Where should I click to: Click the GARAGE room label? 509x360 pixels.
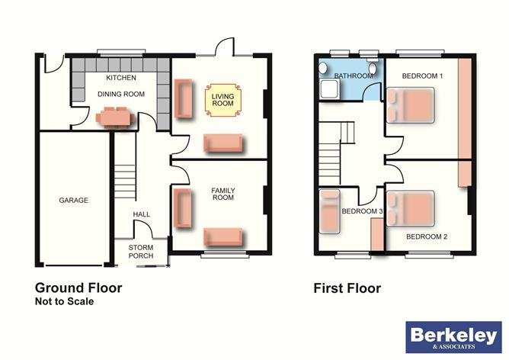(x=74, y=201)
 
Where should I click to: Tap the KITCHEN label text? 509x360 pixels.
(x=121, y=79)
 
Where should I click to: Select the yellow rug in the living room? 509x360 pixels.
(x=222, y=101)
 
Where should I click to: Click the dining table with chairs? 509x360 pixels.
(x=116, y=117)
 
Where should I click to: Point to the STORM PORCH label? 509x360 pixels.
(x=141, y=251)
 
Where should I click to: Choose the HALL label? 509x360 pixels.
(x=141, y=215)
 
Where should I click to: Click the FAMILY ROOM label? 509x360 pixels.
(x=222, y=193)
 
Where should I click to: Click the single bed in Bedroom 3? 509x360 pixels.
(x=329, y=211)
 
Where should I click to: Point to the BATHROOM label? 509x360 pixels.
(x=354, y=76)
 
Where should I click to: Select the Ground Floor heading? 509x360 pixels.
(x=78, y=288)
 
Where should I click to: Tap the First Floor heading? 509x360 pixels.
(x=347, y=288)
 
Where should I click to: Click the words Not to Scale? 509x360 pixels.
(x=65, y=302)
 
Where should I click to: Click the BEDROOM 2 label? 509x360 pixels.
(x=426, y=236)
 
